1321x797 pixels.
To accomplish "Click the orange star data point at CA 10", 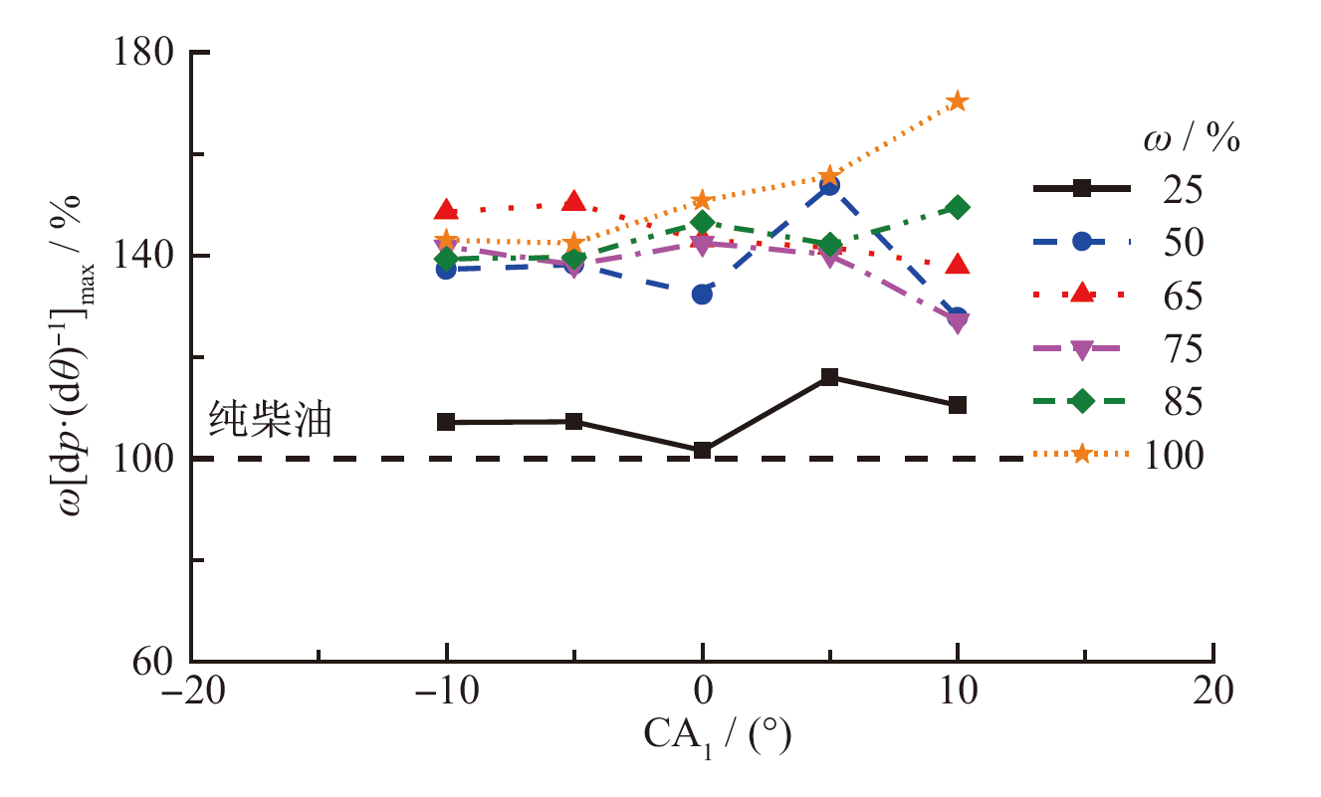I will point(958,101).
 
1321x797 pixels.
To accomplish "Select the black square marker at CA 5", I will point(829,377).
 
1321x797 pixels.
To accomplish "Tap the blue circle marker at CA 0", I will point(702,295).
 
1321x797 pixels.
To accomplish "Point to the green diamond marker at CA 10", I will point(958,207).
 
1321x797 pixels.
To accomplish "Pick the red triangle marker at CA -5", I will point(573,202).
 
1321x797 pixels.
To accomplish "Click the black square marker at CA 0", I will point(702,451).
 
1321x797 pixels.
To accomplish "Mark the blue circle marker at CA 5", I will point(829,185).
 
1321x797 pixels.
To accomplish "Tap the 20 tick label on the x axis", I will point(1213,692).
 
